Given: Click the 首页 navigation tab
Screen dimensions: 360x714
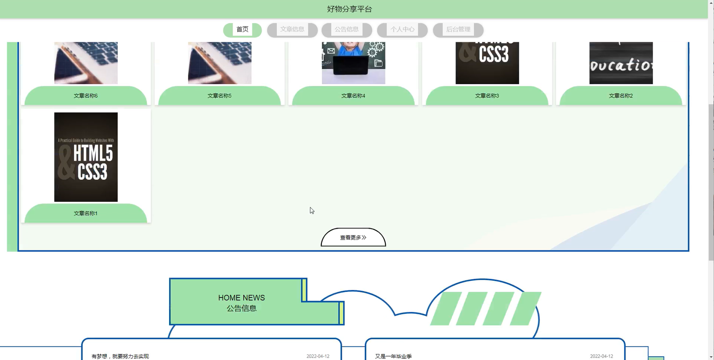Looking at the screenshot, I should click(x=243, y=30).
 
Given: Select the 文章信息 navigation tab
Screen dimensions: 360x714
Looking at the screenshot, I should click(x=292, y=30).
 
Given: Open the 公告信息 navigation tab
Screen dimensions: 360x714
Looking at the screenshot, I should click(x=347, y=30).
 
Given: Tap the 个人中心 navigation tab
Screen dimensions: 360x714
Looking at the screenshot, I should click(x=402, y=30).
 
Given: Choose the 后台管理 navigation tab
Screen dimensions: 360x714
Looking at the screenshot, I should click(x=458, y=30).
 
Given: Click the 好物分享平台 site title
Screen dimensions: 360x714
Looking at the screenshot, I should click(x=349, y=9).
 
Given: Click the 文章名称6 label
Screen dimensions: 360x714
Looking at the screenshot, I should click(x=86, y=96).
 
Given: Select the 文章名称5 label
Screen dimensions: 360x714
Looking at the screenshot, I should click(x=219, y=96).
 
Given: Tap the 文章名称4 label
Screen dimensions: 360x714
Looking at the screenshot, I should click(x=353, y=96).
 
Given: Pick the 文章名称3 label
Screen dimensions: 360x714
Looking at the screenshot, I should click(x=487, y=96).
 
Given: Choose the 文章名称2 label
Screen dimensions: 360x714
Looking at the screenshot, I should click(x=621, y=96).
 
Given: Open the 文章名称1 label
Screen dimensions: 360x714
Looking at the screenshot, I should click(x=86, y=213).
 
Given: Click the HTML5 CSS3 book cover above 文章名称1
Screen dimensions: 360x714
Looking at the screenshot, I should click(x=86, y=157).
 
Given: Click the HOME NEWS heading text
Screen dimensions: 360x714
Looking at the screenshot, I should click(x=241, y=298).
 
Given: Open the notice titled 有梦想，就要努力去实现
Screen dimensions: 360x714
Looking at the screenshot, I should click(x=120, y=356).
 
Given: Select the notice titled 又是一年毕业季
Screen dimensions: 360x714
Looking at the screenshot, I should click(x=393, y=356).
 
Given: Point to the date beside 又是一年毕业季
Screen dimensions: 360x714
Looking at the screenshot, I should click(x=601, y=356).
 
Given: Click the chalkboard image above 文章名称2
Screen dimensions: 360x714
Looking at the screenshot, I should click(x=621, y=63).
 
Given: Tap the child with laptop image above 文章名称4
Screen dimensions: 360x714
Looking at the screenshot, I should click(x=353, y=63).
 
